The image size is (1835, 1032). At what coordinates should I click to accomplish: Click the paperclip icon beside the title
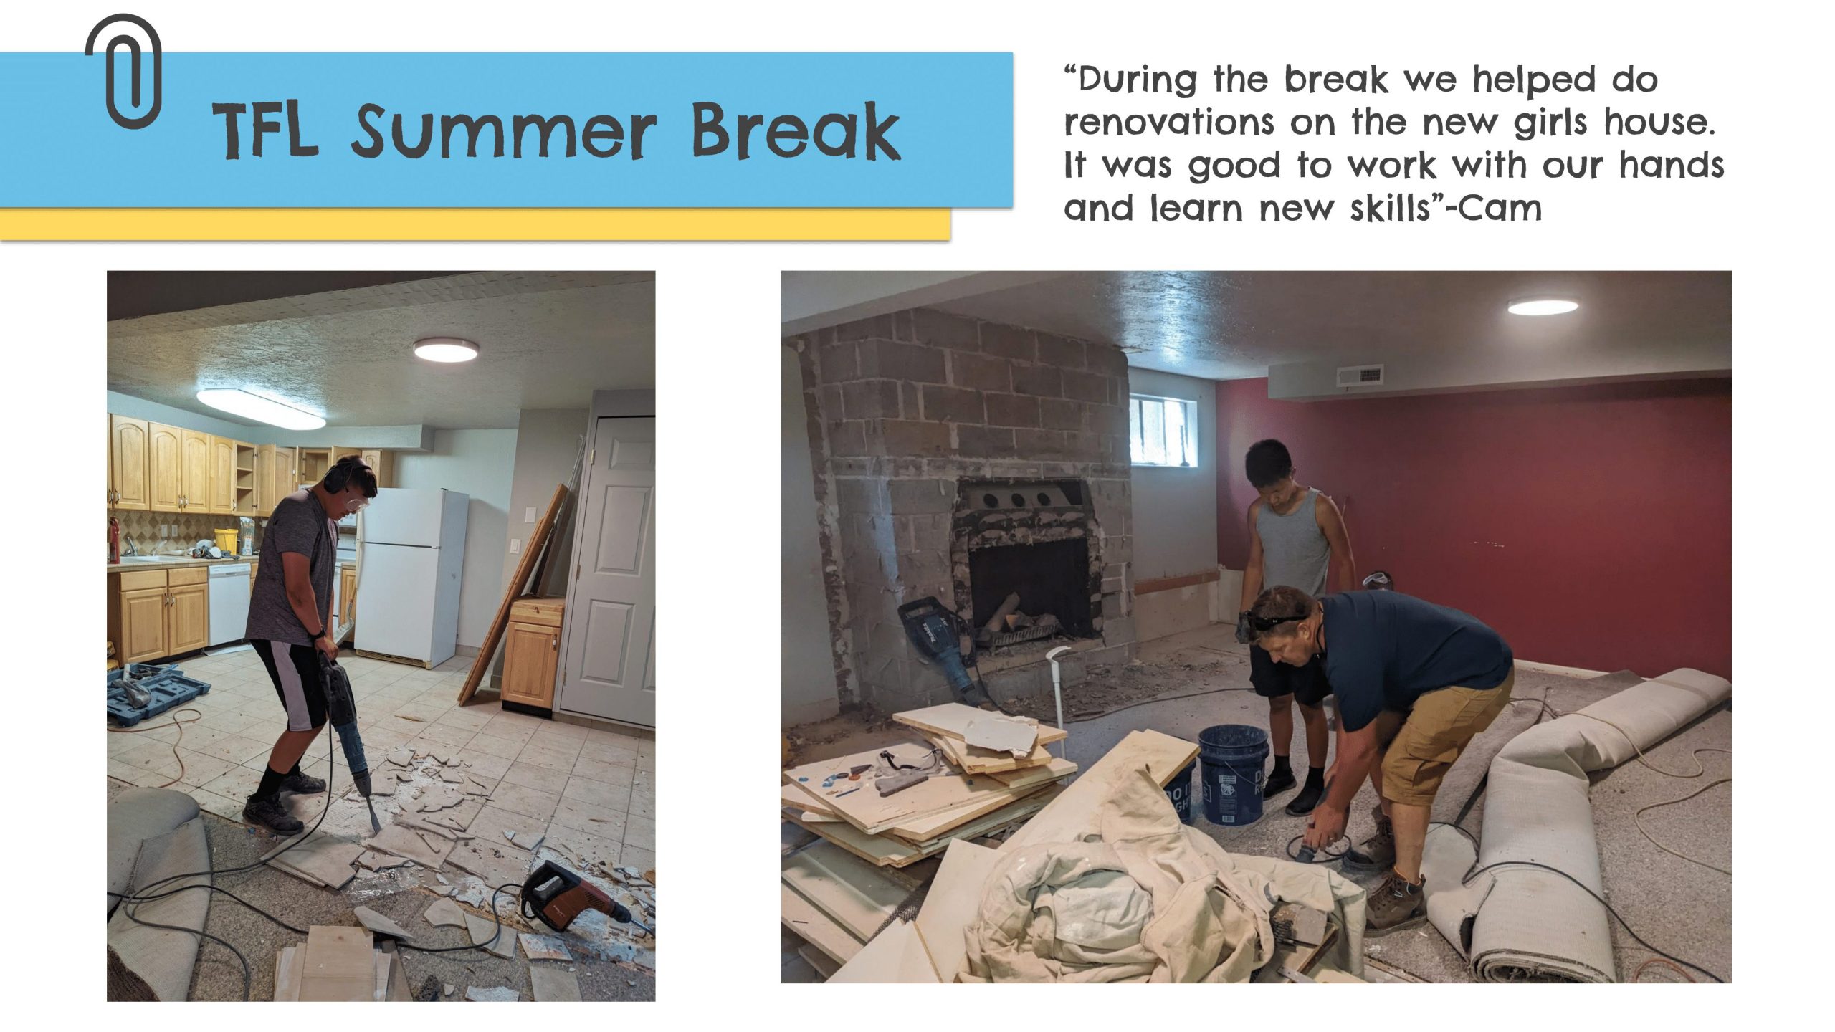click(123, 72)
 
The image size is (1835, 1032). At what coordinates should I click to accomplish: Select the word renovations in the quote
click(1169, 123)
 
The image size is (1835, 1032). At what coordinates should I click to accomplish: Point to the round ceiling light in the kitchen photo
click(446, 350)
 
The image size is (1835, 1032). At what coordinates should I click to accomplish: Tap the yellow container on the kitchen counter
click(226, 540)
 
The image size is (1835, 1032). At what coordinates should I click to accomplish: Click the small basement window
click(1163, 430)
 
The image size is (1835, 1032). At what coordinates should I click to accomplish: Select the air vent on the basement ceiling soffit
click(1359, 375)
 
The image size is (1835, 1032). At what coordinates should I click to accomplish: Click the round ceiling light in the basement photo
click(1543, 307)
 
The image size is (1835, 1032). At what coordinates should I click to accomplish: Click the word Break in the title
click(795, 132)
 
